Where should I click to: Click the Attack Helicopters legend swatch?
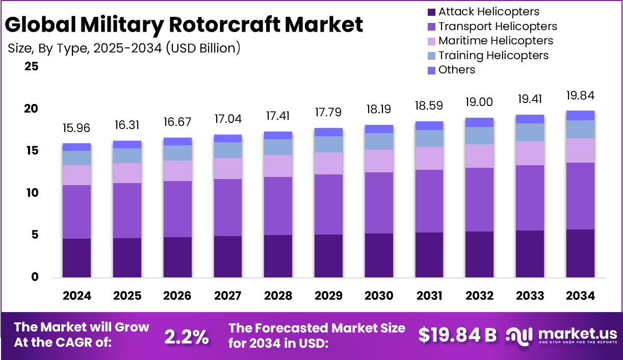(x=431, y=12)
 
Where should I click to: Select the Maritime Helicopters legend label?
(x=496, y=41)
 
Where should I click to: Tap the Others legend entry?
(x=456, y=70)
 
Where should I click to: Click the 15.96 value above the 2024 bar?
(x=77, y=128)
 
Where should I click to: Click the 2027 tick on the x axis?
(x=228, y=296)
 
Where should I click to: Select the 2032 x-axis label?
(x=480, y=296)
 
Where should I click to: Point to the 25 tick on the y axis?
(x=32, y=66)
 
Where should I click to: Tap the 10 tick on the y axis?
(x=32, y=193)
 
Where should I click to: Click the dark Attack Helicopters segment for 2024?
(x=77, y=258)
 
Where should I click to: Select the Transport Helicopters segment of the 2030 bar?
(x=379, y=203)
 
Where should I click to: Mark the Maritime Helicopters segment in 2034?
(x=581, y=150)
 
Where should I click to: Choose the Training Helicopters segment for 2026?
(x=177, y=153)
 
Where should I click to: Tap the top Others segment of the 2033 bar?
(x=530, y=119)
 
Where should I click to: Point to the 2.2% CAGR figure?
(x=187, y=336)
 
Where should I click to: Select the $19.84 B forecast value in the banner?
(x=457, y=335)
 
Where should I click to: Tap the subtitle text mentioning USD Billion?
(x=124, y=48)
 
